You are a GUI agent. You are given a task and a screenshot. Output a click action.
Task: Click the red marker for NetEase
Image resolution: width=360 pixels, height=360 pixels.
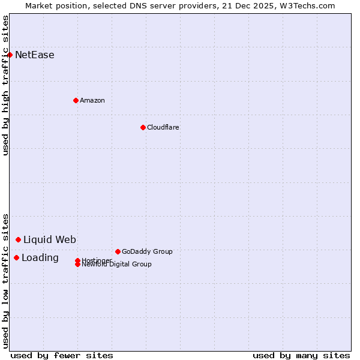click(x=10, y=55)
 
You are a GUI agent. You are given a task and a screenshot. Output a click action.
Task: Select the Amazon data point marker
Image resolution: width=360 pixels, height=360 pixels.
click(x=76, y=100)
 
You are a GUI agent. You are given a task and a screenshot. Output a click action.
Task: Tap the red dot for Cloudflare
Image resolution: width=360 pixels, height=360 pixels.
click(x=143, y=127)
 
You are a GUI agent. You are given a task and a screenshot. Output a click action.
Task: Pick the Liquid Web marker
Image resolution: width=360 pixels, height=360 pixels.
click(x=18, y=239)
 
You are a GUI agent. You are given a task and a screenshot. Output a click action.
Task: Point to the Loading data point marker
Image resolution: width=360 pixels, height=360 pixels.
click(x=16, y=257)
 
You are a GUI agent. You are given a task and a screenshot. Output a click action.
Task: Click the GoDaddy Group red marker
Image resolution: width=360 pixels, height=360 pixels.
click(x=118, y=251)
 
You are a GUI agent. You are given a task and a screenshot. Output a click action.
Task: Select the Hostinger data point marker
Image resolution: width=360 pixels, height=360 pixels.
click(x=77, y=260)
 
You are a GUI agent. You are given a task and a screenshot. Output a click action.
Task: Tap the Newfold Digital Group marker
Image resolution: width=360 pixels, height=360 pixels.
click(x=77, y=264)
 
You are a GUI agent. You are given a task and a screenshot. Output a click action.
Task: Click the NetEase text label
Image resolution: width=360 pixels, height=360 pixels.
click(x=35, y=55)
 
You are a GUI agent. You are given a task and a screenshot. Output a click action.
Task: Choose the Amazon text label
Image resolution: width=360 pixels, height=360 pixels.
click(x=92, y=100)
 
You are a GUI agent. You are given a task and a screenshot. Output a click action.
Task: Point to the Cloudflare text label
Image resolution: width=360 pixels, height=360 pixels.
click(x=163, y=127)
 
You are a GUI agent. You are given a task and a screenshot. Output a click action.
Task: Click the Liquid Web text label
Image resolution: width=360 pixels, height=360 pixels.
click(x=50, y=240)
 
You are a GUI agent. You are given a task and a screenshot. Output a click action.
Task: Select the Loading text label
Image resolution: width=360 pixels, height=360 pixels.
click(x=40, y=258)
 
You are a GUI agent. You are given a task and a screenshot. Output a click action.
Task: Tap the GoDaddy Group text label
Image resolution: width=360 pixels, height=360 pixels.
click(x=147, y=251)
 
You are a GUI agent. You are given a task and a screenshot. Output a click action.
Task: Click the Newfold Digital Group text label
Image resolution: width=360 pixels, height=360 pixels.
click(x=117, y=265)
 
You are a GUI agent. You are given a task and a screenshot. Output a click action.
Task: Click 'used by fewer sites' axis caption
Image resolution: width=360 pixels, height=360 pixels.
click(x=62, y=355)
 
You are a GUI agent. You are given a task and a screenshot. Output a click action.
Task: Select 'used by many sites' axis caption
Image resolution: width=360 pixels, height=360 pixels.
click(x=301, y=355)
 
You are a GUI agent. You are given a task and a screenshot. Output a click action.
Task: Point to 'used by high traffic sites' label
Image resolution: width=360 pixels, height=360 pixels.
click(x=5, y=85)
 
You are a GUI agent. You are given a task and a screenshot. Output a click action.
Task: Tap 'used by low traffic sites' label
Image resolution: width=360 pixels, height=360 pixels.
click(x=5, y=281)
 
